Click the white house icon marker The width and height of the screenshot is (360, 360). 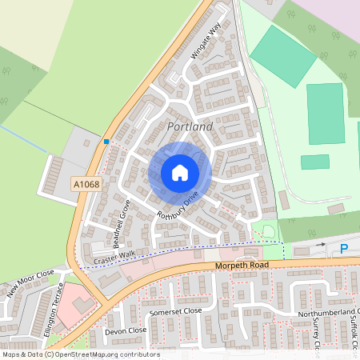pos(180,173)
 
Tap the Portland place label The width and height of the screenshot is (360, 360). pos(190,127)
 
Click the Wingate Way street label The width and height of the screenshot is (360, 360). pos(206,41)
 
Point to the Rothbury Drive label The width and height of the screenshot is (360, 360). pos(178,205)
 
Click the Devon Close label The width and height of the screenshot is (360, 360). pos(126,330)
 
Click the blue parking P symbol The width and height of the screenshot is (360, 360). pos(344,249)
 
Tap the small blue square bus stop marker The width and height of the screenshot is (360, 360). pos(106,142)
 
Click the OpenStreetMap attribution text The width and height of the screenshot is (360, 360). pos(80,354)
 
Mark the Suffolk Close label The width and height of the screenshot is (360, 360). pos(354,328)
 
